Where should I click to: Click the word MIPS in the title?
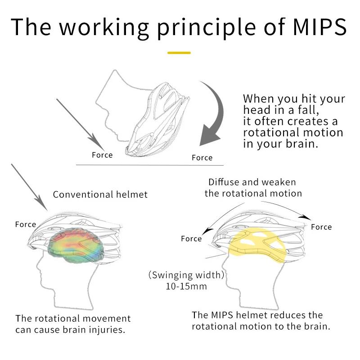320,27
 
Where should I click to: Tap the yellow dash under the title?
179,53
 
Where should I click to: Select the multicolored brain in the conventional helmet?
76,245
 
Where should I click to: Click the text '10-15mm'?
186,286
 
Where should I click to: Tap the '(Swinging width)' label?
186,275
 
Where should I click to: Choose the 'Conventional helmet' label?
100,194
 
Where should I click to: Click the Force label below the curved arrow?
202,157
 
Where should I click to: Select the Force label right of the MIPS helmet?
321,227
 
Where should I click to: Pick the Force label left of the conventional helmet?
26,224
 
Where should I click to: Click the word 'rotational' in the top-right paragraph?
270,132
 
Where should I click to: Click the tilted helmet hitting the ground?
157,119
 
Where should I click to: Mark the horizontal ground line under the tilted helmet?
150,165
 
